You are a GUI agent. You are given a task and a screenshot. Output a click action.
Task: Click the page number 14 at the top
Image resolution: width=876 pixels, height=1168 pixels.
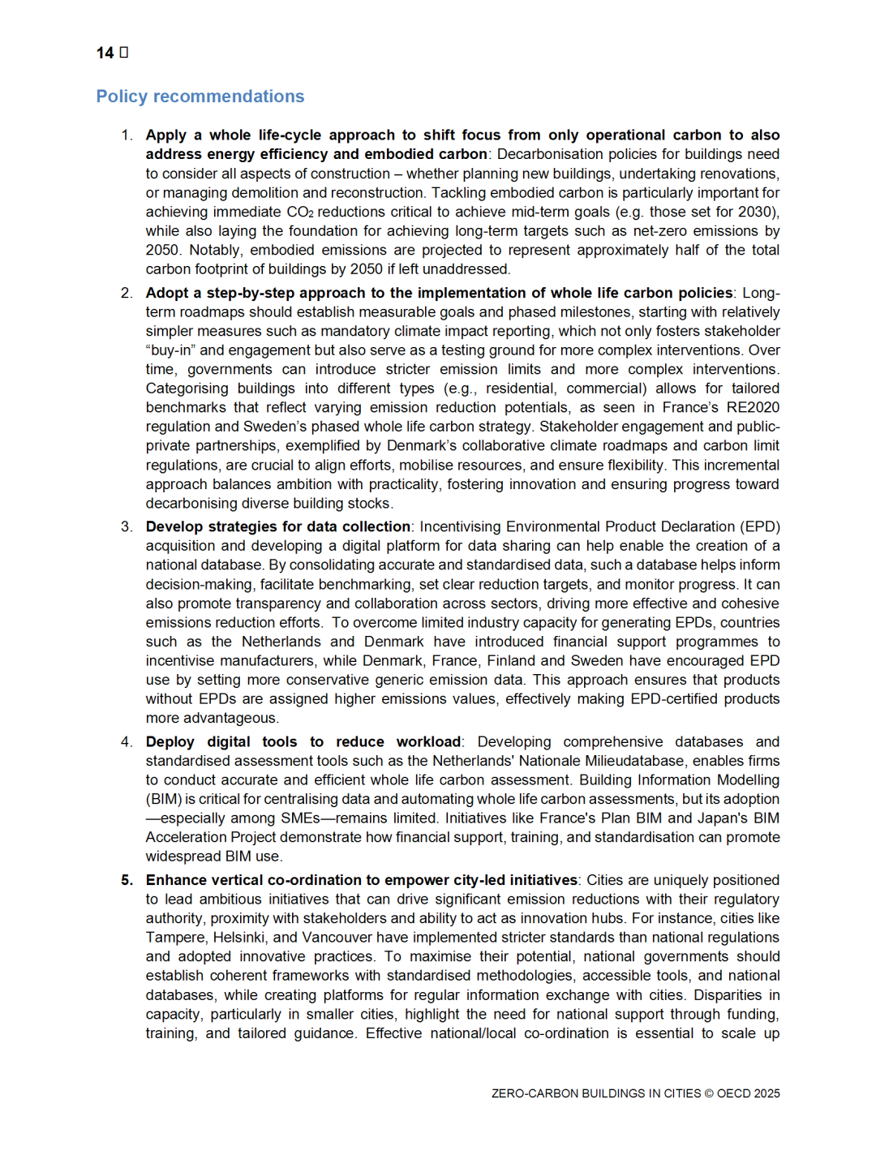click(x=105, y=53)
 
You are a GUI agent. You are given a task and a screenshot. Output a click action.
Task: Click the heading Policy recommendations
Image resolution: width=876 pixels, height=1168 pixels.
click(x=200, y=97)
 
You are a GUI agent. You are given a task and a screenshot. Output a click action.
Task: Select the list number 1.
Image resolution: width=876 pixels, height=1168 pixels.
click(x=127, y=135)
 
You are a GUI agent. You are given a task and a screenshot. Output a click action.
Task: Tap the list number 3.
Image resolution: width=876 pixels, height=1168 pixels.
click(x=127, y=526)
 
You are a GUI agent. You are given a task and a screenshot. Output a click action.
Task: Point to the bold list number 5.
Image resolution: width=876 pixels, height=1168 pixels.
click(x=127, y=880)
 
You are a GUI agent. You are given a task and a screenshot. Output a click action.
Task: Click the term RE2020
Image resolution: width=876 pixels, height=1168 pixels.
click(x=753, y=408)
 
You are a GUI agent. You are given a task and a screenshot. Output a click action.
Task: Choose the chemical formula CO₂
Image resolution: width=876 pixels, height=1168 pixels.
click(x=300, y=213)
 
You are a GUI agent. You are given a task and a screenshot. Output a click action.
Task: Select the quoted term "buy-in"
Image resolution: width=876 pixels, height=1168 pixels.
click(x=171, y=350)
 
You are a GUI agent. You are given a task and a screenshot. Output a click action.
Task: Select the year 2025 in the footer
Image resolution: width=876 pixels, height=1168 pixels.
click(x=767, y=1093)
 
